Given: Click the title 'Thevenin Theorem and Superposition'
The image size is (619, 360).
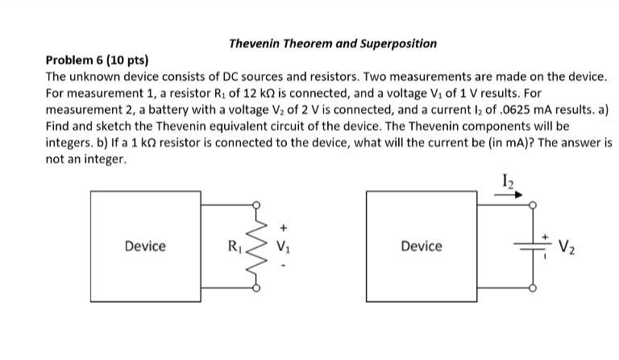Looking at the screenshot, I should coord(333,43).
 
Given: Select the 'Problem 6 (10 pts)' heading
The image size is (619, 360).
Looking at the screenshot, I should coord(98,60).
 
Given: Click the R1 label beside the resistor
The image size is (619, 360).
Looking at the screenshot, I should coord(235,245).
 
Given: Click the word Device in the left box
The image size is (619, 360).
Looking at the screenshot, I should coord(145,246).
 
